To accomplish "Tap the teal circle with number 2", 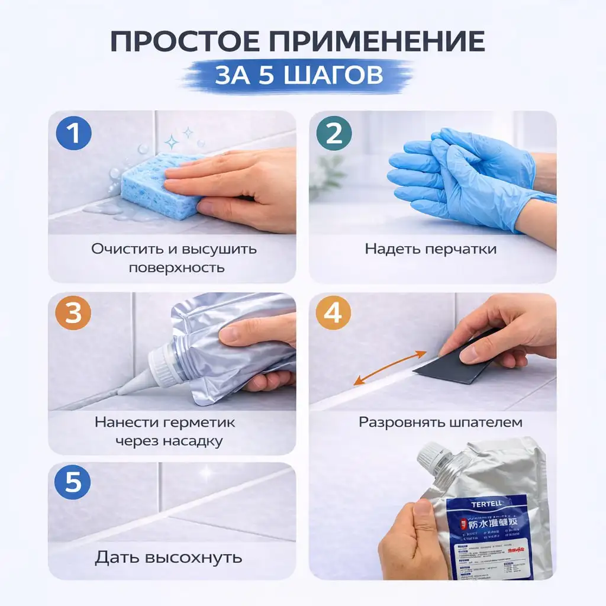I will [x=334, y=134].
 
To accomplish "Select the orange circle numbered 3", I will [x=73, y=314].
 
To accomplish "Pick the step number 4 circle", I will [x=333, y=314].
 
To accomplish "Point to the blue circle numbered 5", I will [x=73, y=482].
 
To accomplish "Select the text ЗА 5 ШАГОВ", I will [x=298, y=76].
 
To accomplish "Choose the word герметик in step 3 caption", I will [x=197, y=422].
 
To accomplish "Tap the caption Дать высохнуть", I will [x=169, y=557].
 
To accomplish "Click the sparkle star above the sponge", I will [x=172, y=141].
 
